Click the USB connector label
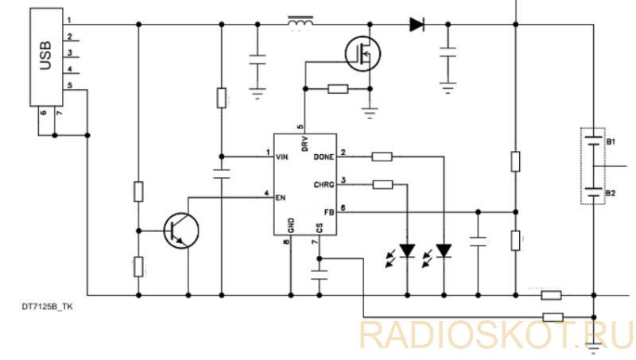coord(46,56)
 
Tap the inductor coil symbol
coord(301,23)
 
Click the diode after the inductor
coord(417,25)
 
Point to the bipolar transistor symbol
coord(181,230)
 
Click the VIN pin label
coord(282,157)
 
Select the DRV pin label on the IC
coord(305,144)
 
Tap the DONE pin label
coord(324,157)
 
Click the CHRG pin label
coord(324,185)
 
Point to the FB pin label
coord(329,212)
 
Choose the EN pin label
coord(281,198)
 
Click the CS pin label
coord(320,229)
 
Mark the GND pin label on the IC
coord(291,226)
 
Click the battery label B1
coord(611,142)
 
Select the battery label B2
coord(611,193)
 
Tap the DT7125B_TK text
coord(48,307)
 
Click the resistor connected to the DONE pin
coord(382,157)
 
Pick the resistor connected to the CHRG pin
coord(382,185)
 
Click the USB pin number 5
coord(70,86)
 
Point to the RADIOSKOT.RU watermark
coord(496,335)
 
